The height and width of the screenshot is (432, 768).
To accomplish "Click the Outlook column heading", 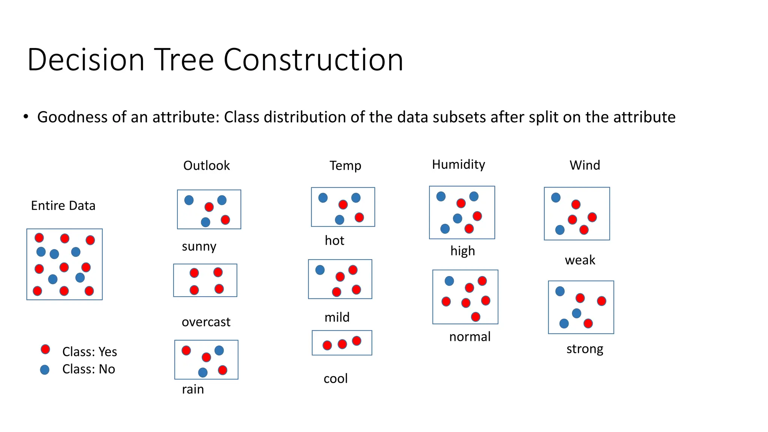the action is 206,166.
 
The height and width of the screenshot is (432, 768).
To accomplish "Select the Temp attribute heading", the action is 345,166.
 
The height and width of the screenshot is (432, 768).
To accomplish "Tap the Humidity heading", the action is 458,165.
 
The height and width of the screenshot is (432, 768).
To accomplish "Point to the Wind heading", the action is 585,165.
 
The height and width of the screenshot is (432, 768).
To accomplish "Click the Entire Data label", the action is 63,206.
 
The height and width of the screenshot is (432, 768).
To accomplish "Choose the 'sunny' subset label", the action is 199,247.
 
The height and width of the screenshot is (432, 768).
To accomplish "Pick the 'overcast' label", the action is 206,322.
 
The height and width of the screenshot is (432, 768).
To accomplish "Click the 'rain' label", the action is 193,390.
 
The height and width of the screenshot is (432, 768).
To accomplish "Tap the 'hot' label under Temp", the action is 334,241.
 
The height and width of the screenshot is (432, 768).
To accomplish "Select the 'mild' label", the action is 337,318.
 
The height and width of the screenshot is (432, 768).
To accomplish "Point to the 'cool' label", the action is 336,379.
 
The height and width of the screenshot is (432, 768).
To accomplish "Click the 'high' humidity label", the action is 462,251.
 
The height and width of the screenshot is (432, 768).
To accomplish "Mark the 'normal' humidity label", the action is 469,337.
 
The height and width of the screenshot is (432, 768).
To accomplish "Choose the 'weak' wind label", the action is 580,260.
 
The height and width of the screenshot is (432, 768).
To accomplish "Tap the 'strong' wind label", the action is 585,349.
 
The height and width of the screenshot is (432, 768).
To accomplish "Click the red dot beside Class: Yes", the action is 45,349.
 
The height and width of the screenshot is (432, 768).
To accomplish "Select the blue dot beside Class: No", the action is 45,370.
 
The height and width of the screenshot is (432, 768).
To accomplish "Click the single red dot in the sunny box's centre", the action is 209,207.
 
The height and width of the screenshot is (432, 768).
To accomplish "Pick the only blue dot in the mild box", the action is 320,270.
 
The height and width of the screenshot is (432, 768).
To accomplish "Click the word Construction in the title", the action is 313,60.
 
